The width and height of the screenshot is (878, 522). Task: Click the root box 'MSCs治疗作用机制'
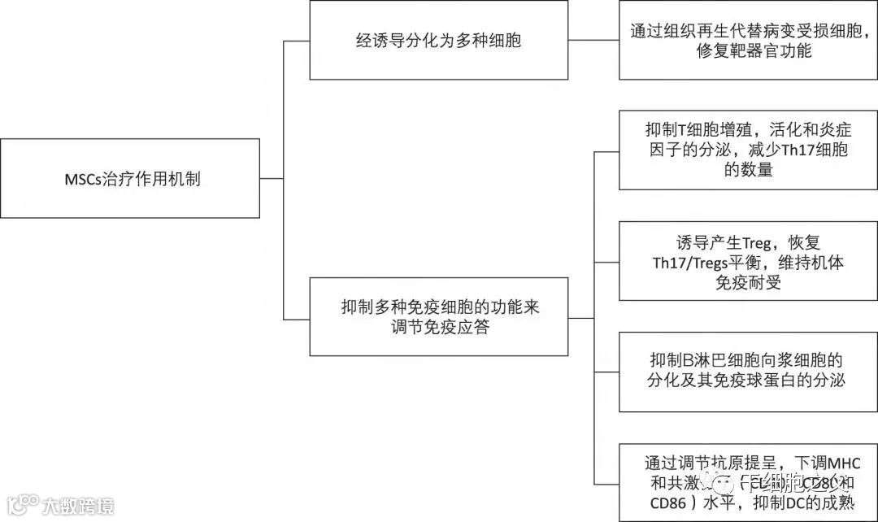130,178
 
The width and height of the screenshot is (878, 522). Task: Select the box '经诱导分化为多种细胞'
438,40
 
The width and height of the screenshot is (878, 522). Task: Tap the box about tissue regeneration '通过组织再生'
748,40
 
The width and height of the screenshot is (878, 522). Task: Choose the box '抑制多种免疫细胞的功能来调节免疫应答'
438,315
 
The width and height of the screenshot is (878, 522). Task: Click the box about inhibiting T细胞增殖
748,150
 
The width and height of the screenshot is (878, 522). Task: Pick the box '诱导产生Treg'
748,260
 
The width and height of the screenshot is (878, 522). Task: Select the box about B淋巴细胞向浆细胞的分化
748,371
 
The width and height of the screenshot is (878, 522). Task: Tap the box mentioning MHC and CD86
748,482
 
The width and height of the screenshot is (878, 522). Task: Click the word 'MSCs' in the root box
81,179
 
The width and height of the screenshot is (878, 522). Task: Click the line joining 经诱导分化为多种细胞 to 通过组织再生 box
593,40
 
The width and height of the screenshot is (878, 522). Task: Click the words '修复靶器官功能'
748,50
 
